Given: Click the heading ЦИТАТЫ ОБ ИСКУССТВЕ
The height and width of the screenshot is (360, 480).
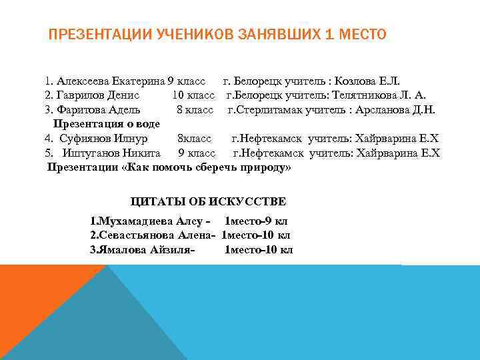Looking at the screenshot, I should pos(208,201).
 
